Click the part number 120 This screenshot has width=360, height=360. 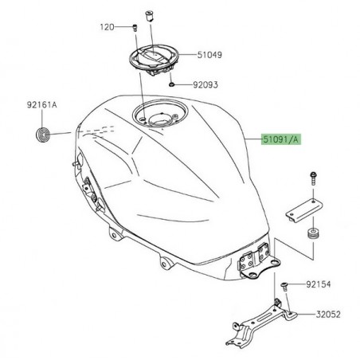tap(107, 26)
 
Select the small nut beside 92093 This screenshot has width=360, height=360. tap(173, 83)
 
